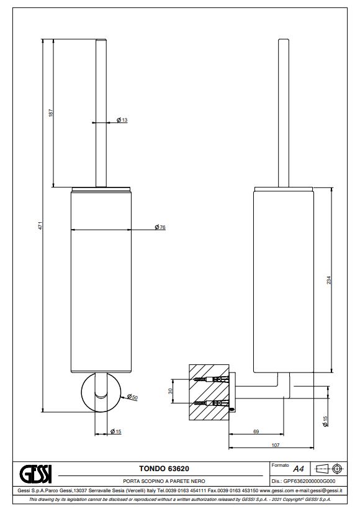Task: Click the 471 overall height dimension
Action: point(40,225)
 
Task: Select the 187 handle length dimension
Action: point(51,113)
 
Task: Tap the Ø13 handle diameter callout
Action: point(122,120)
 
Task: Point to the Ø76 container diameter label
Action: point(160,227)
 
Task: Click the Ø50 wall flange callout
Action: point(132,397)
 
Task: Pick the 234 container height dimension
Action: point(328,280)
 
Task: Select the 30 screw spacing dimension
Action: point(170,391)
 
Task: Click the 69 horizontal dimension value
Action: point(256,431)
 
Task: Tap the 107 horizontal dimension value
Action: point(275,445)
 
